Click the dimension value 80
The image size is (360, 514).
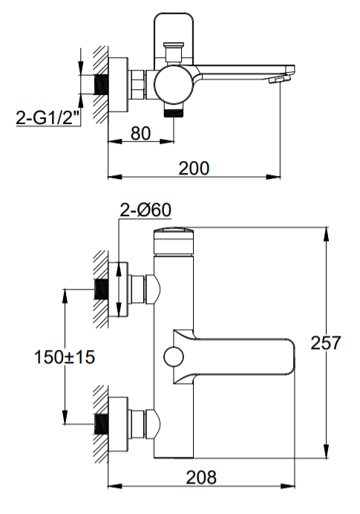coord(140,134)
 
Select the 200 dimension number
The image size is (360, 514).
coord(194,169)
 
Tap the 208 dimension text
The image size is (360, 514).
coord(201,478)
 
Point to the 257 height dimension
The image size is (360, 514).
coord(326,342)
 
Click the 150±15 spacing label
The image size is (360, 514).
coord(65,357)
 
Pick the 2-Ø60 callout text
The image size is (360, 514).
coord(145,210)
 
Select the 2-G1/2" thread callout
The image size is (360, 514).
coord(48,117)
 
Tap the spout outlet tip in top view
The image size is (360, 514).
coord(281,79)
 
